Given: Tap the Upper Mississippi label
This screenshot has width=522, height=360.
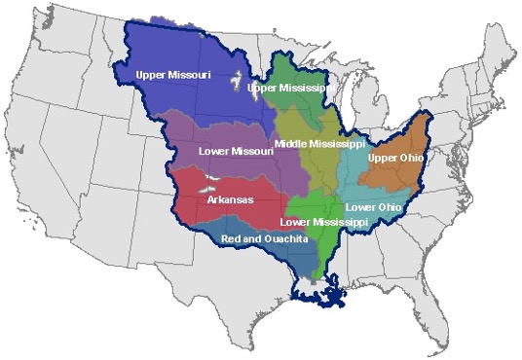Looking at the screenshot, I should (x=292, y=89).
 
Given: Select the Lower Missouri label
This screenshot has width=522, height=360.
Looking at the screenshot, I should (x=234, y=152).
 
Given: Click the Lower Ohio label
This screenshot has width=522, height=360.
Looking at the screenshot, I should (x=374, y=207).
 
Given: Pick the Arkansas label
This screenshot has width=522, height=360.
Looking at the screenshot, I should (x=231, y=200).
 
